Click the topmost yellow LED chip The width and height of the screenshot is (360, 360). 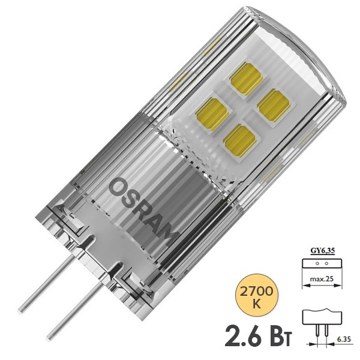pos(247,78)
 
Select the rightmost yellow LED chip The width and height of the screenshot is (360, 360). pos(273,106)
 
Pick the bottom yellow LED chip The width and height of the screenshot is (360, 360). pos(239,141)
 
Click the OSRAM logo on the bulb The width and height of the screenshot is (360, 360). pos(143,208)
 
